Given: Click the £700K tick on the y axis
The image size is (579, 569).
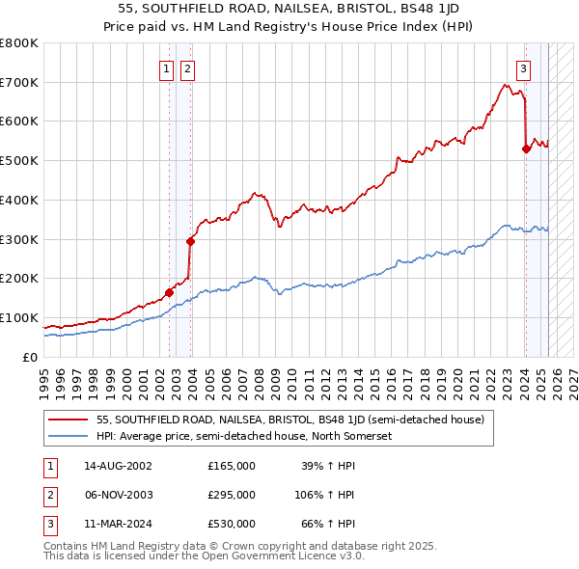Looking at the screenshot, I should click(19, 82).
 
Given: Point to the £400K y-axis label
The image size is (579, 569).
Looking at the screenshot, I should click(19, 200).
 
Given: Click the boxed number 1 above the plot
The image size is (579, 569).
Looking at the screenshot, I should click(167, 68).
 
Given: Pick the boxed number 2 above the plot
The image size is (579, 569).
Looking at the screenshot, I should click(186, 68).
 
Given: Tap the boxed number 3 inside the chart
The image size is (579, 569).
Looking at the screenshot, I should click(523, 68).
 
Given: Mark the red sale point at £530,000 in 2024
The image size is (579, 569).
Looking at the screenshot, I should click(526, 149).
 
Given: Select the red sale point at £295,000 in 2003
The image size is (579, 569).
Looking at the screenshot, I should click(190, 241).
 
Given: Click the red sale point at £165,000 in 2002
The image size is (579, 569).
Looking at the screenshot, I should click(170, 292).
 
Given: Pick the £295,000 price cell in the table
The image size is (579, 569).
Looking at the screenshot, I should click(232, 495).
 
